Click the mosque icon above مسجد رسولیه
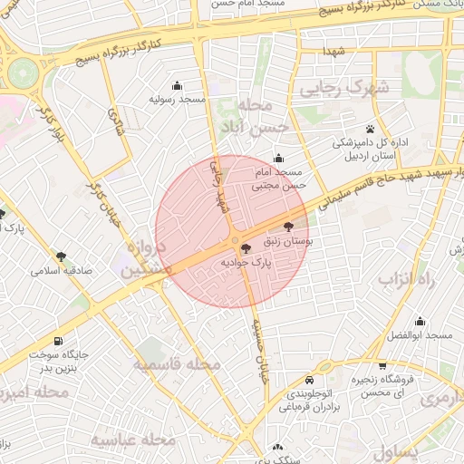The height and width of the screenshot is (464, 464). (x=176, y=85)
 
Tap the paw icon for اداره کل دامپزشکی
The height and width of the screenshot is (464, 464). (x=371, y=129)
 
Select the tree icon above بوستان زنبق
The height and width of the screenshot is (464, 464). (x=288, y=227)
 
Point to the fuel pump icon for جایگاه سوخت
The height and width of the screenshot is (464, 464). (x=59, y=342)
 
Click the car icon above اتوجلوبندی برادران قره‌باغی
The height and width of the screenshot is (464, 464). (x=311, y=380)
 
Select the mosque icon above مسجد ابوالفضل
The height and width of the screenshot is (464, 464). (x=420, y=322)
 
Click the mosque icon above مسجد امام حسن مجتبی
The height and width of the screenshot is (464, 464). (x=278, y=159)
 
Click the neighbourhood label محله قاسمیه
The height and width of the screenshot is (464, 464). (x=178, y=364)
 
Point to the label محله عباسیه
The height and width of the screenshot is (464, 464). (x=132, y=440)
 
